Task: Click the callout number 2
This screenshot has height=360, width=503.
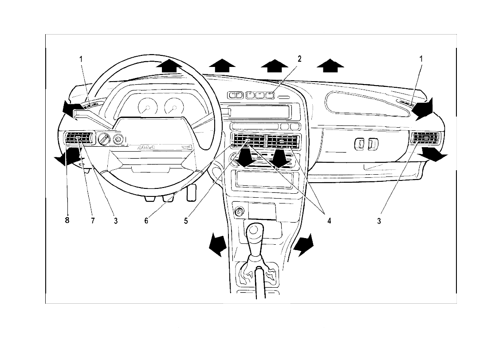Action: [299, 59]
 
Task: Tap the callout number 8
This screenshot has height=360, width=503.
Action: [67, 220]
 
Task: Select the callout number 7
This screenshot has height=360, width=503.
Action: [93, 220]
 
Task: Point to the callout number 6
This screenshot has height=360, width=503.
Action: [146, 220]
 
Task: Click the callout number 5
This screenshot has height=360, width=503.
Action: [186, 220]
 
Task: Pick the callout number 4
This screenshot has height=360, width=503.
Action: [329, 220]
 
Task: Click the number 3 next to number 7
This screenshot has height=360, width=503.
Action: [115, 220]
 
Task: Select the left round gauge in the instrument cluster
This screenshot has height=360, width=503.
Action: [148, 107]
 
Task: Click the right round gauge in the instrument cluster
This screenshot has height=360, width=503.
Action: [173, 107]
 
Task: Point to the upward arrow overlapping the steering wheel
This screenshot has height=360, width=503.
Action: [169, 66]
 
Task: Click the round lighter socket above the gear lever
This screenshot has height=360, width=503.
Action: [239, 212]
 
